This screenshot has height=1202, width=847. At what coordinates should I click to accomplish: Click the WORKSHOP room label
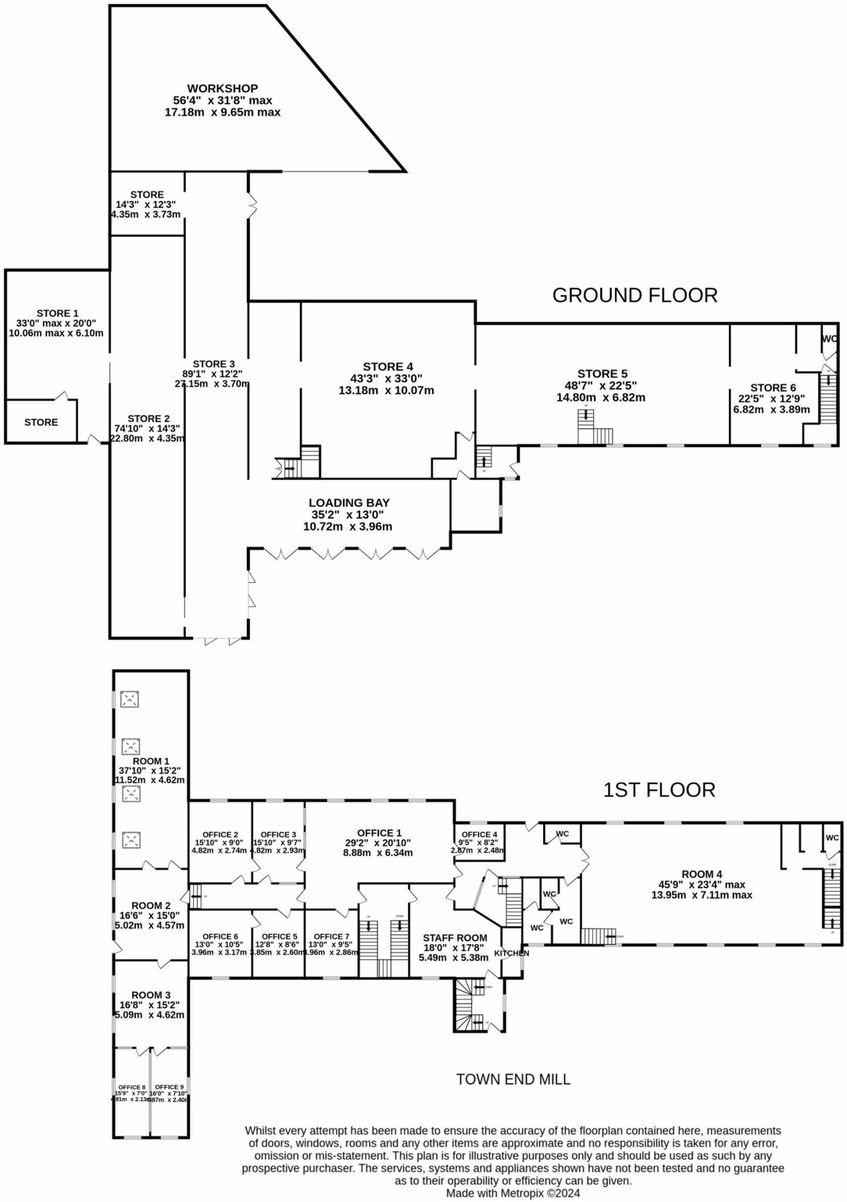click(222, 89)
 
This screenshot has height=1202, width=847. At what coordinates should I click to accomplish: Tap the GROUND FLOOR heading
click(635, 295)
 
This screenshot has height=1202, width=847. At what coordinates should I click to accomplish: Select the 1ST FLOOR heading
click(659, 790)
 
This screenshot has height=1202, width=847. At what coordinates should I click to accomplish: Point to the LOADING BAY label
click(349, 503)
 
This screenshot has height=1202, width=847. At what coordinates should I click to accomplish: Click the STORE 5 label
click(602, 374)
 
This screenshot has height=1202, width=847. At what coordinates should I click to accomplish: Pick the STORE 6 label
click(772, 388)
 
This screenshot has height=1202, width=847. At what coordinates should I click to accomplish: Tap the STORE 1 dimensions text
click(56, 328)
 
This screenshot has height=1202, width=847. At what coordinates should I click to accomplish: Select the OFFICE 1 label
click(379, 833)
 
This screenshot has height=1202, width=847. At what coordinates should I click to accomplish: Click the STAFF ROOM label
click(454, 938)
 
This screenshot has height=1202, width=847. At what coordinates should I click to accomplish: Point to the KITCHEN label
click(511, 953)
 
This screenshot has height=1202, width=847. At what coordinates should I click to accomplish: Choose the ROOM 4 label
click(701, 875)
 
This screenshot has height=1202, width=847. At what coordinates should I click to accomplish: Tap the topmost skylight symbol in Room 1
click(129, 699)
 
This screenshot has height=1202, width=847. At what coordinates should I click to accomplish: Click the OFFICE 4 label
click(479, 835)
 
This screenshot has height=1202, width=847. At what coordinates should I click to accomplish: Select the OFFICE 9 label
click(169, 1087)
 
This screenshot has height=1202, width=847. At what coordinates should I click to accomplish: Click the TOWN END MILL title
click(513, 1079)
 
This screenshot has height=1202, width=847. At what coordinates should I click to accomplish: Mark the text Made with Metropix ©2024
click(512, 1193)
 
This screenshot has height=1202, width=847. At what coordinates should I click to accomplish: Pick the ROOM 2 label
click(151, 906)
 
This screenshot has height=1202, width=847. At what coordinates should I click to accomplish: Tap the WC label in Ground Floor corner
click(829, 339)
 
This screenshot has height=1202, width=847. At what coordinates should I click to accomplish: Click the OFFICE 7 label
click(331, 937)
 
